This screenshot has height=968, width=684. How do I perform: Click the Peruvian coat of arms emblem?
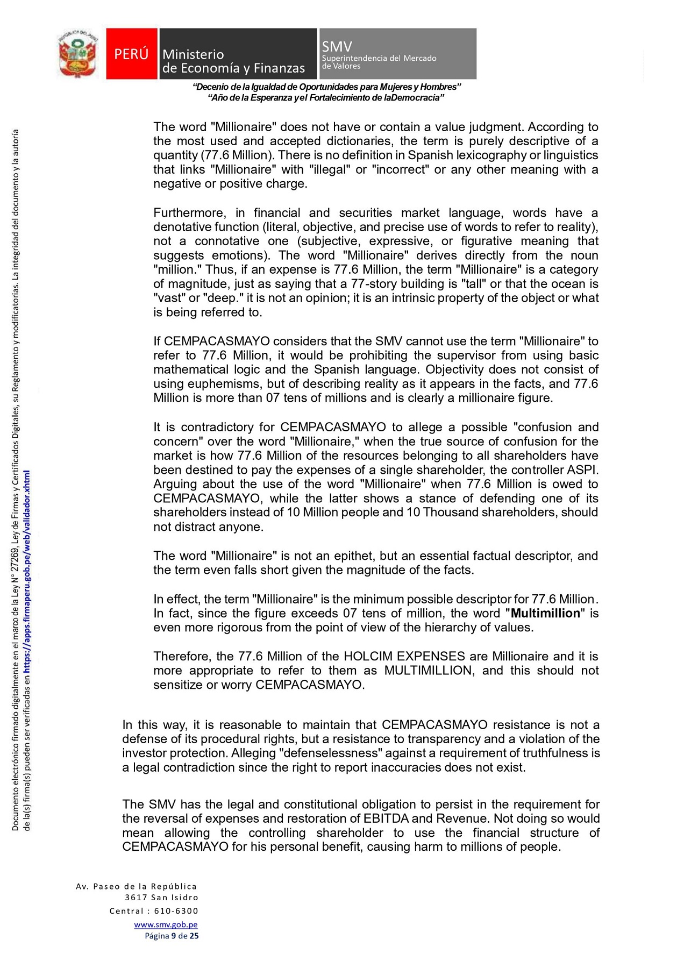[79, 54]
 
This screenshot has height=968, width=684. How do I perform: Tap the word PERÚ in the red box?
[131, 54]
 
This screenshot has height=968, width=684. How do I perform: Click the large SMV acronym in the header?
[337, 47]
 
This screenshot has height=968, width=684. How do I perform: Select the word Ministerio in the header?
[193, 54]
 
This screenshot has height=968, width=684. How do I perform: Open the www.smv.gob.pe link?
[166, 924]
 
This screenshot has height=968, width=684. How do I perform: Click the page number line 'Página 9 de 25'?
[172, 936]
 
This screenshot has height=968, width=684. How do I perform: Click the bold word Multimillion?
[545, 613]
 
